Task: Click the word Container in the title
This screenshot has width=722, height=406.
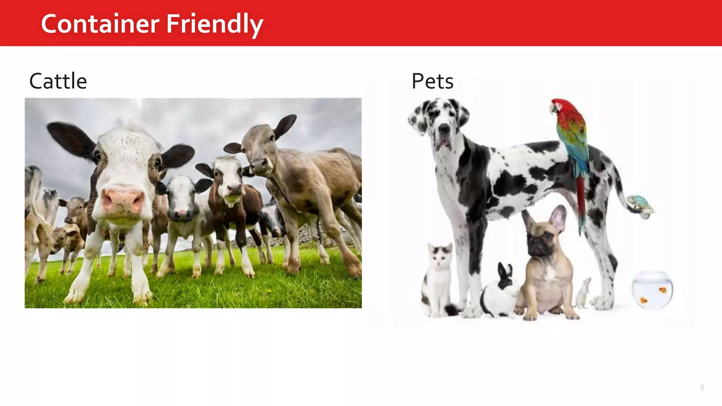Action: pos(100,24)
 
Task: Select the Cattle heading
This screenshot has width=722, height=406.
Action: pos(58,81)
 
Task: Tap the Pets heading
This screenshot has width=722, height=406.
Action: pos(432,81)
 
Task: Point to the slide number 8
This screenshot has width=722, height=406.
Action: pos(702,387)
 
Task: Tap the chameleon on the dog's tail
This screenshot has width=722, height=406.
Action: pos(640,204)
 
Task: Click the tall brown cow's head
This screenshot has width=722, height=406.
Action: pos(259,148)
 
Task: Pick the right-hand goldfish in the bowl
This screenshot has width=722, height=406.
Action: pos(662,290)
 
